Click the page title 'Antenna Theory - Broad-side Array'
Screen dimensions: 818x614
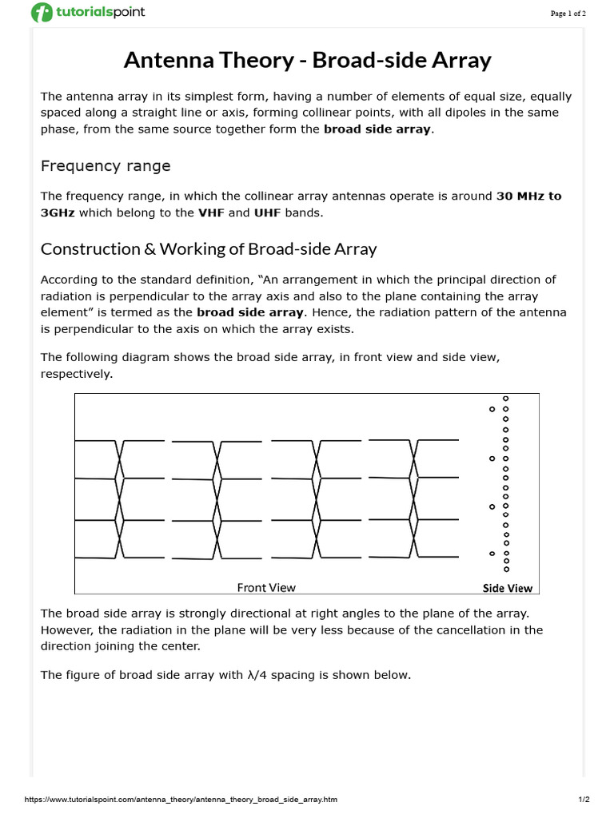pyautogui.click(x=307, y=60)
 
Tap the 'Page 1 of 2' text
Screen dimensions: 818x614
pyautogui.click(x=568, y=14)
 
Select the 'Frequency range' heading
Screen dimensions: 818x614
pyautogui.click(x=106, y=166)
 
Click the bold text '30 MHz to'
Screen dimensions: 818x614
pyautogui.click(x=528, y=197)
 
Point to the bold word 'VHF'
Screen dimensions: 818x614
pyautogui.click(x=211, y=212)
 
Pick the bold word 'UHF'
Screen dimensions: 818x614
pyautogui.click(x=268, y=212)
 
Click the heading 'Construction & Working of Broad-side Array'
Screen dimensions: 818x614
pyautogui.click(x=209, y=248)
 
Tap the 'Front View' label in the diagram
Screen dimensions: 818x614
pyautogui.click(x=266, y=587)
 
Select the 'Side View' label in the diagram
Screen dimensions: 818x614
pyautogui.click(x=508, y=588)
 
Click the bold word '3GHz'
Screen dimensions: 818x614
pyautogui.click(x=58, y=212)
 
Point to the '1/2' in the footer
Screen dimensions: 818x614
pyautogui.click(x=584, y=799)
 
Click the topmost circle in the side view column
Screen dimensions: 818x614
pyautogui.click(x=505, y=398)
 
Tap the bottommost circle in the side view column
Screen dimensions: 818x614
pyautogui.click(x=505, y=570)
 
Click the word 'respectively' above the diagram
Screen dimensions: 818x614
pyautogui.click(x=75, y=374)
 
